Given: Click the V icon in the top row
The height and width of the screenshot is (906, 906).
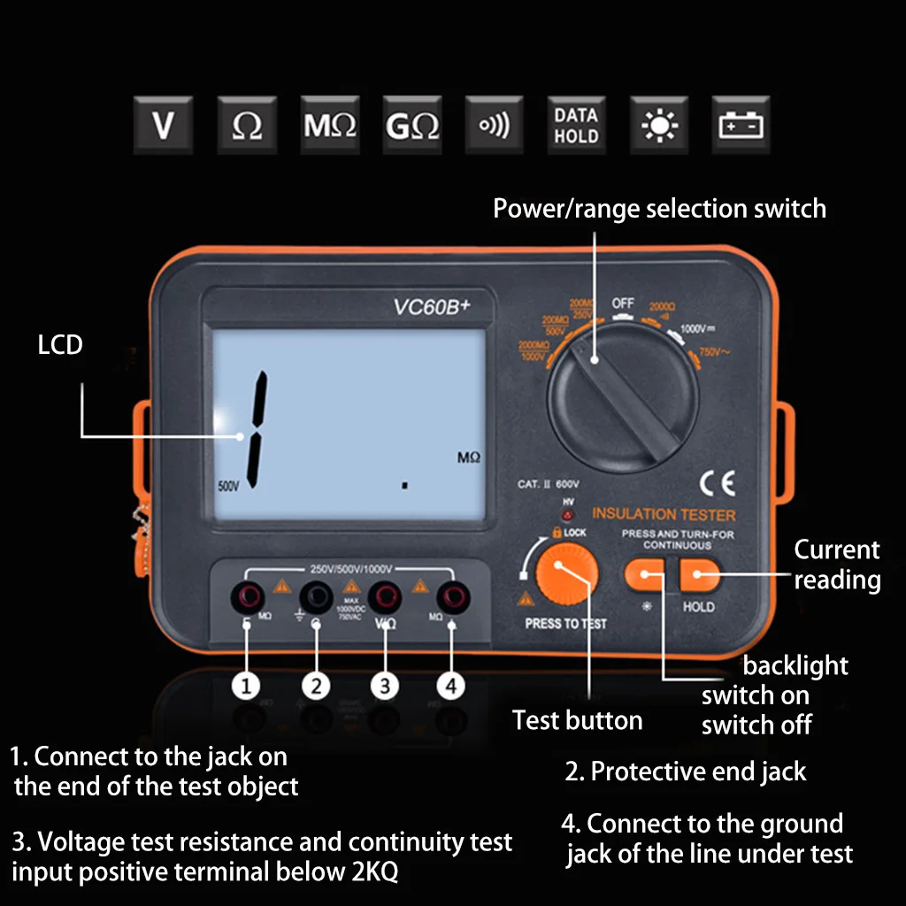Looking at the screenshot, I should (163, 126).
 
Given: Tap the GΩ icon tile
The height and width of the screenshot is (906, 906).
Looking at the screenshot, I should (412, 126).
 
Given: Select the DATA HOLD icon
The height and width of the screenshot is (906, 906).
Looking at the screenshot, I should (576, 126).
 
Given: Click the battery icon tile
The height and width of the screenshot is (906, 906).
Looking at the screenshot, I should (741, 126).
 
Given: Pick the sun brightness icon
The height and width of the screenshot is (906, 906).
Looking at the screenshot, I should (658, 126).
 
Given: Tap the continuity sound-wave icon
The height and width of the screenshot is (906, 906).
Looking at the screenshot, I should (494, 126).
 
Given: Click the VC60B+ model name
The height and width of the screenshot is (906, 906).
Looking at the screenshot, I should (432, 307).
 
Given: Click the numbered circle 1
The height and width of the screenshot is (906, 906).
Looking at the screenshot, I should (247, 686).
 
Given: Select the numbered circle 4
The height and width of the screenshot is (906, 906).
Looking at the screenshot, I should (451, 686).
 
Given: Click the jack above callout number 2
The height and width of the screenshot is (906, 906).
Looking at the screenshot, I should (315, 597).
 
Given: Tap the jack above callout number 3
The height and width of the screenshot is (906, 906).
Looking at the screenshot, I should (384, 597).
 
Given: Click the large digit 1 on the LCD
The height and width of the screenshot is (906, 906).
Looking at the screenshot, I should (257, 429).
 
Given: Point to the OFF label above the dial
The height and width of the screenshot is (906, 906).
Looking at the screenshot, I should (623, 303).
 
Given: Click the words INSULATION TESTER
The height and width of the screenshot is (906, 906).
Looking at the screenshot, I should (664, 514).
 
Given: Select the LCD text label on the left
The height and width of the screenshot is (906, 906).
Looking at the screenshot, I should (60, 344).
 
